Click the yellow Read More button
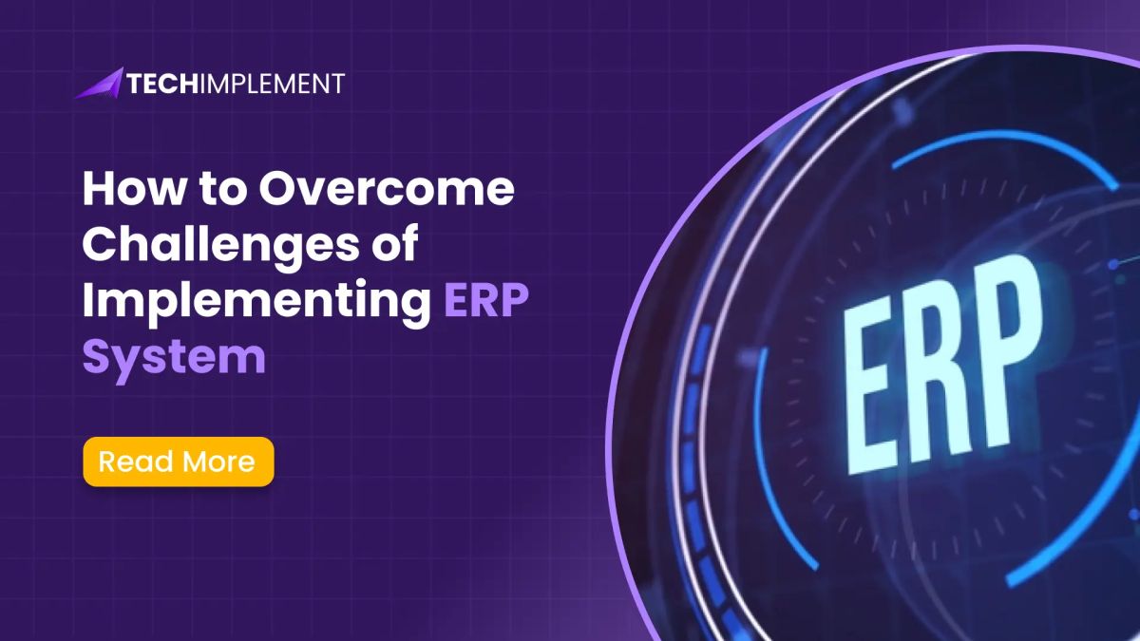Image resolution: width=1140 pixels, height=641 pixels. [x=179, y=462]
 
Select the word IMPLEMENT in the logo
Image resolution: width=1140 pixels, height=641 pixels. [x=274, y=84]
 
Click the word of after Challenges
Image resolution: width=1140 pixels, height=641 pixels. [x=390, y=247]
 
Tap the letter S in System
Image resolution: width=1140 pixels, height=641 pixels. [x=99, y=357]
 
